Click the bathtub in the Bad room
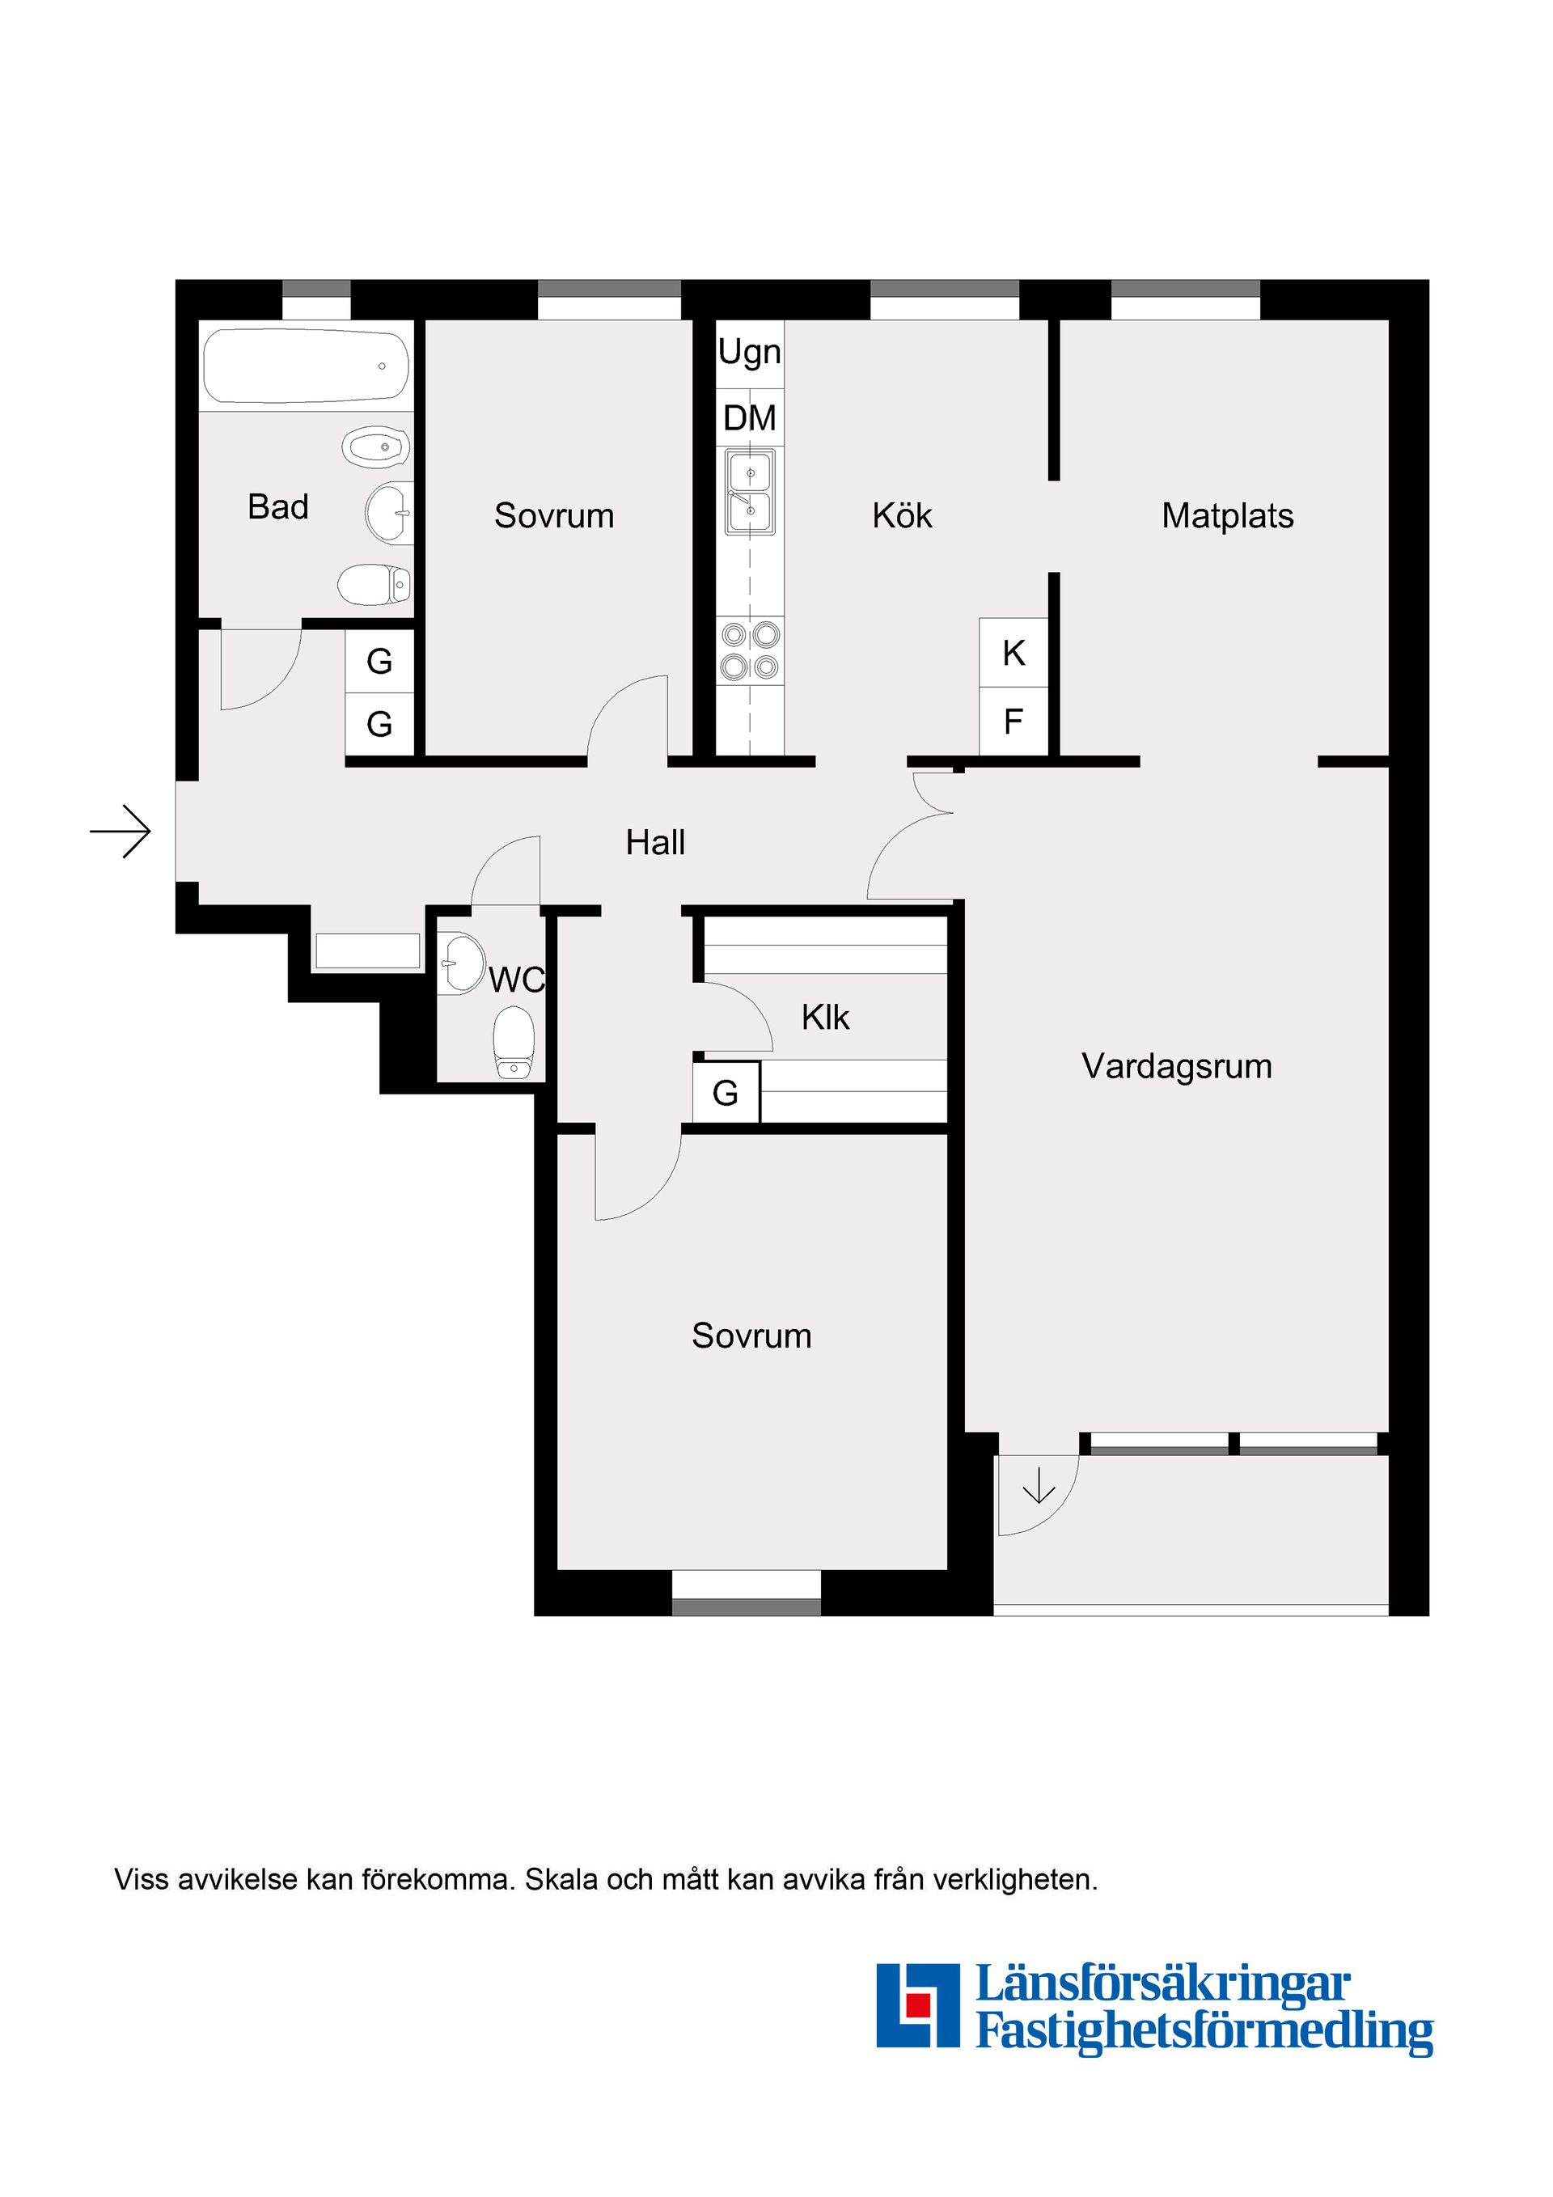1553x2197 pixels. tap(307, 366)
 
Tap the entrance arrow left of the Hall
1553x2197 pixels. tap(121, 832)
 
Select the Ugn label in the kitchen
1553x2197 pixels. tap(749, 352)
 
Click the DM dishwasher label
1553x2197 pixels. tap(749, 418)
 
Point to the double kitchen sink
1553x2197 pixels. tap(750, 493)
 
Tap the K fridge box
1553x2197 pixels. tap(1013, 654)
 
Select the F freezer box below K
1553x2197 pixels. tap(1013, 722)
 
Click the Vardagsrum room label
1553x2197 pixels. tap(1176, 1066)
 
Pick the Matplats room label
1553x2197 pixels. tap(1227, 516)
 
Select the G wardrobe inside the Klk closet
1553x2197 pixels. tap(726, 1093)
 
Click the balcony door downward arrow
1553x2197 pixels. tap(1039, 1488)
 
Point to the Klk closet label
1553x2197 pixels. tap(825, 1017)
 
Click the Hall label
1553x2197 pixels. tap(655, 843)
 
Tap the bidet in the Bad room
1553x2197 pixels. tap(375, 447)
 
